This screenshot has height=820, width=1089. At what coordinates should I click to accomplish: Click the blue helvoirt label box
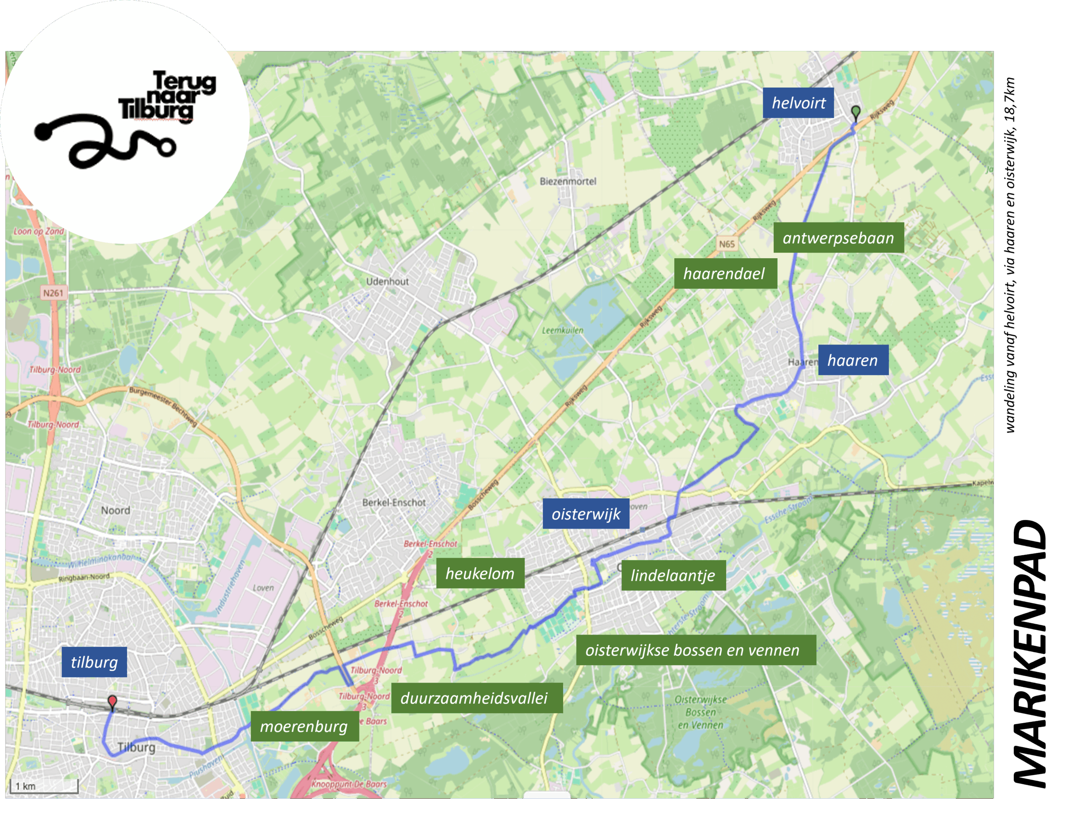[x=798, y=103]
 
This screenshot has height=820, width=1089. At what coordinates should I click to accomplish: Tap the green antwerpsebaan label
[x=838, y=238]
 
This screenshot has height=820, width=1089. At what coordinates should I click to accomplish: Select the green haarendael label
[x=725, y=273]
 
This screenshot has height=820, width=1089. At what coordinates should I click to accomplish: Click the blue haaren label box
[x=852, y=360]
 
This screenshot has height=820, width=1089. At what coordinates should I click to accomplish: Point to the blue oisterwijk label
[x=586, y=514]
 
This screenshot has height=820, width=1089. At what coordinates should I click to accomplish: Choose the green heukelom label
[x=480, y=573]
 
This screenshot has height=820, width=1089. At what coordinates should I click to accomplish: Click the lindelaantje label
[x=673, y=575]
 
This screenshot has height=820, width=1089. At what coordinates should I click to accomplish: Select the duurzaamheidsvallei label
[x=476, y=698]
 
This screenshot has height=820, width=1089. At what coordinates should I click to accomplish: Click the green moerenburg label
[x=304, y=726]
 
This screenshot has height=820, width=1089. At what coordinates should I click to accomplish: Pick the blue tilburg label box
[x=94, y=662]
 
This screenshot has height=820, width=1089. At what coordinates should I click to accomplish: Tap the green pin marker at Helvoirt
[x=855, y=112]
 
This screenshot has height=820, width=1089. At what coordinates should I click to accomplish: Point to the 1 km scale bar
[x=44, y=786]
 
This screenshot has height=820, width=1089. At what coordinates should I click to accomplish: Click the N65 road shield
[x=727, y=244]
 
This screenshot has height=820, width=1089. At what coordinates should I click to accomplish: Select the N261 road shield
[x=53, y=293]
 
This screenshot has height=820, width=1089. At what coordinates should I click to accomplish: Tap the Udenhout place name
[x=388, y=282]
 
